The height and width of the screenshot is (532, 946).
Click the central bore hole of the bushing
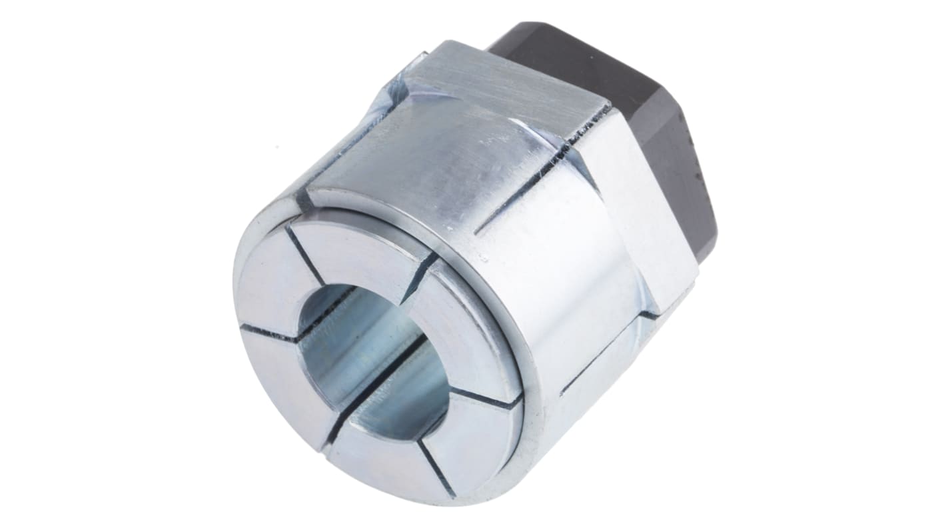point(373,360)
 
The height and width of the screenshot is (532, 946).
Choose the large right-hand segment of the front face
point(466,333)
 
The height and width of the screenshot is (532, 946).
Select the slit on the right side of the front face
point(490,398)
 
